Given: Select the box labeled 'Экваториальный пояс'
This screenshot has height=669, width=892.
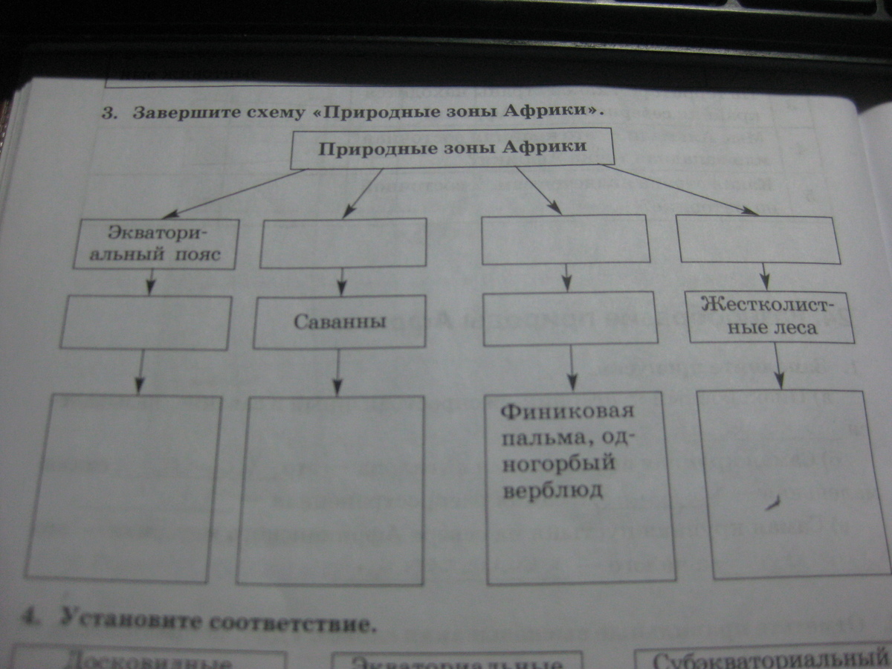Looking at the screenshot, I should click(160, 244).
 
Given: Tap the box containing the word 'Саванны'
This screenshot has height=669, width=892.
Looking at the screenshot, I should click(339, 322).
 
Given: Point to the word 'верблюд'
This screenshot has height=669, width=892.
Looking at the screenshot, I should click(558, 491).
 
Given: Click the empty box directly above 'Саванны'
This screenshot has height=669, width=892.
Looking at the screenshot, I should click(343, 242).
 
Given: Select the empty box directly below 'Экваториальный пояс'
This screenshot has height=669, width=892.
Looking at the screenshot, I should click(146, 322).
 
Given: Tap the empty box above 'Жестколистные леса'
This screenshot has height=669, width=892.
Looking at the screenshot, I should click(758, 239).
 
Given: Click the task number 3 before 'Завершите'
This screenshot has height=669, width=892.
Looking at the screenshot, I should click(110, 114).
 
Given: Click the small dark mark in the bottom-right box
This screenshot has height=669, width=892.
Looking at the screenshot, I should click(773, 505).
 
